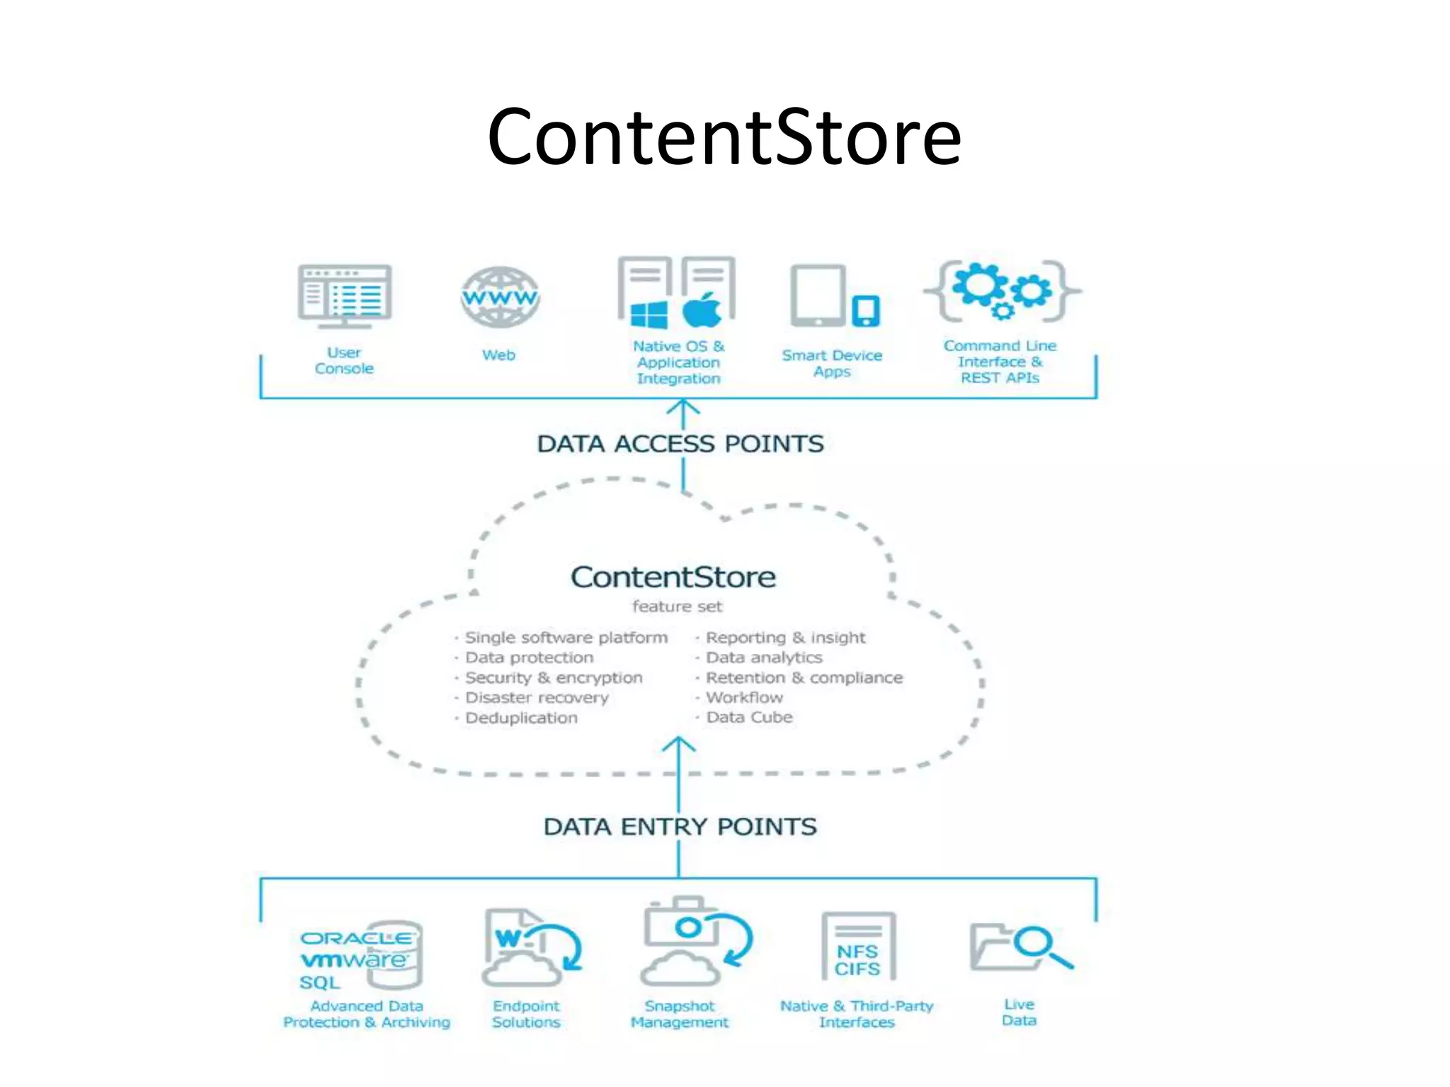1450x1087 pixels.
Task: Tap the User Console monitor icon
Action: (x=345, y=296)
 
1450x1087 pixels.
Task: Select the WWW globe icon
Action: (x=500, y=297)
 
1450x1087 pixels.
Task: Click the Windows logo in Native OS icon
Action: (x=649, y=314)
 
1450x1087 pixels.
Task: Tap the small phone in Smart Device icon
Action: (x=865, y=311)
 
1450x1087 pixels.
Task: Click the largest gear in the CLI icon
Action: (x=979, y=284)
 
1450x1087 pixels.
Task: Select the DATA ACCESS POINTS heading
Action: (x=680, y=444)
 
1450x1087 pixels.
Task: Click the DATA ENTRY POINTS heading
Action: (x=680, y=827)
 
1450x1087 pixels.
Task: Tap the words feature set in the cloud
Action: (x=677, y=606)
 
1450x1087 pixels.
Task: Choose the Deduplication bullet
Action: (x=521, y=718)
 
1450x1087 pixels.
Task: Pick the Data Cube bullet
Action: (x=749, y=717)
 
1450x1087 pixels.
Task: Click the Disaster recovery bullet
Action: (x=537, y=698)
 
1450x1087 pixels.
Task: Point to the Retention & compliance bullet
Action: (x=804, y=678)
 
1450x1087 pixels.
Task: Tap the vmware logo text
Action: (x=354, y=960)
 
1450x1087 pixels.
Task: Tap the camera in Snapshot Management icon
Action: (x=680, y=924)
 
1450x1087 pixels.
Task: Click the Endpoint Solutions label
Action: (x=526, y=1014)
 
